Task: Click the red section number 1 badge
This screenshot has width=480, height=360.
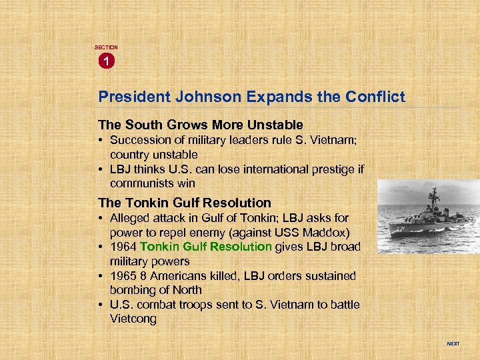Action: (x=106, y=61)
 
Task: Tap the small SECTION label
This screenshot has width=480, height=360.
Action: (x=106, y=47)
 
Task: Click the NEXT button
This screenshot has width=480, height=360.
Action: (x=453, y=344)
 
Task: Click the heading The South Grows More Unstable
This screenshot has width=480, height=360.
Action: (x=201, y=125)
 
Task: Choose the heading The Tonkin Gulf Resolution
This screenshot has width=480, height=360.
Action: (x=185, y=203)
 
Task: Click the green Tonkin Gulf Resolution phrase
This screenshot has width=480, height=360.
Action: (x=206, y=247)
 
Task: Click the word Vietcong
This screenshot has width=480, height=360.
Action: (x=133, y=319)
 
